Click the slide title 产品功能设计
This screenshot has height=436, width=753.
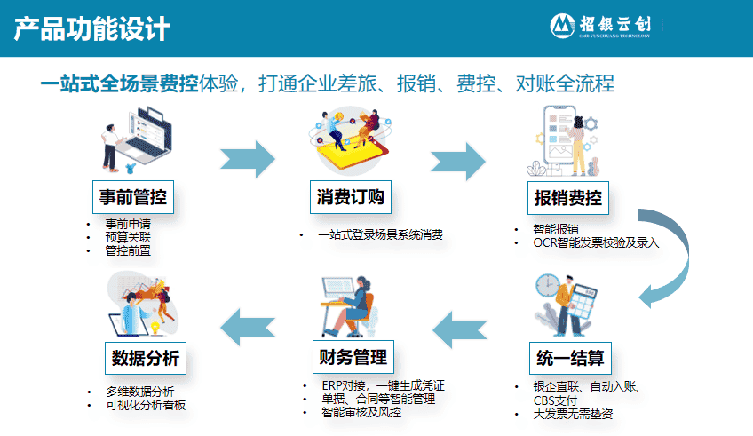click(x=91, y=28)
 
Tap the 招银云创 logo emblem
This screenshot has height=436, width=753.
click(x=562, y=26)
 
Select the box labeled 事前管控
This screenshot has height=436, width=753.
click(x=133, y=197)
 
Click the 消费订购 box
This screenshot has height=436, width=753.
click(x=351, y=197)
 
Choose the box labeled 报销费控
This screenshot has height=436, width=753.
click(x=568, y=198)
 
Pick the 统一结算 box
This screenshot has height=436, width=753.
click(x=570, y=358)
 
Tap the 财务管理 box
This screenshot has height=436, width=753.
click(x=353, y=357)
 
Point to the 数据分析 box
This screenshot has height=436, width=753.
click(x=146, y=358)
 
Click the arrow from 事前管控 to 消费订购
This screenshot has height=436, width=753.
click(x=248, y=159)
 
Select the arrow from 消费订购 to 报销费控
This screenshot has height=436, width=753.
click(x=458, y=161)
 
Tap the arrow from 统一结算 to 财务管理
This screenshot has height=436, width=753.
click(x=460, y=329)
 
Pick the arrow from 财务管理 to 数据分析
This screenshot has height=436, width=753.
click(x=248, y=328)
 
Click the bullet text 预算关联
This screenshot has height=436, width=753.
click(x=128, y=237)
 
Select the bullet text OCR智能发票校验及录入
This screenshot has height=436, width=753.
click(x=596, y=242)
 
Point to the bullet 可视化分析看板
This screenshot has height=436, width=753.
click(x=146, y=405)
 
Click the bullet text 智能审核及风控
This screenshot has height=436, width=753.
click(x=361, y=412)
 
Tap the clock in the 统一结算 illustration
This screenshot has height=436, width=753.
click(x=548, y=285)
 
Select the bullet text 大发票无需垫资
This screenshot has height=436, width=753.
click(x=573, y=414)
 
